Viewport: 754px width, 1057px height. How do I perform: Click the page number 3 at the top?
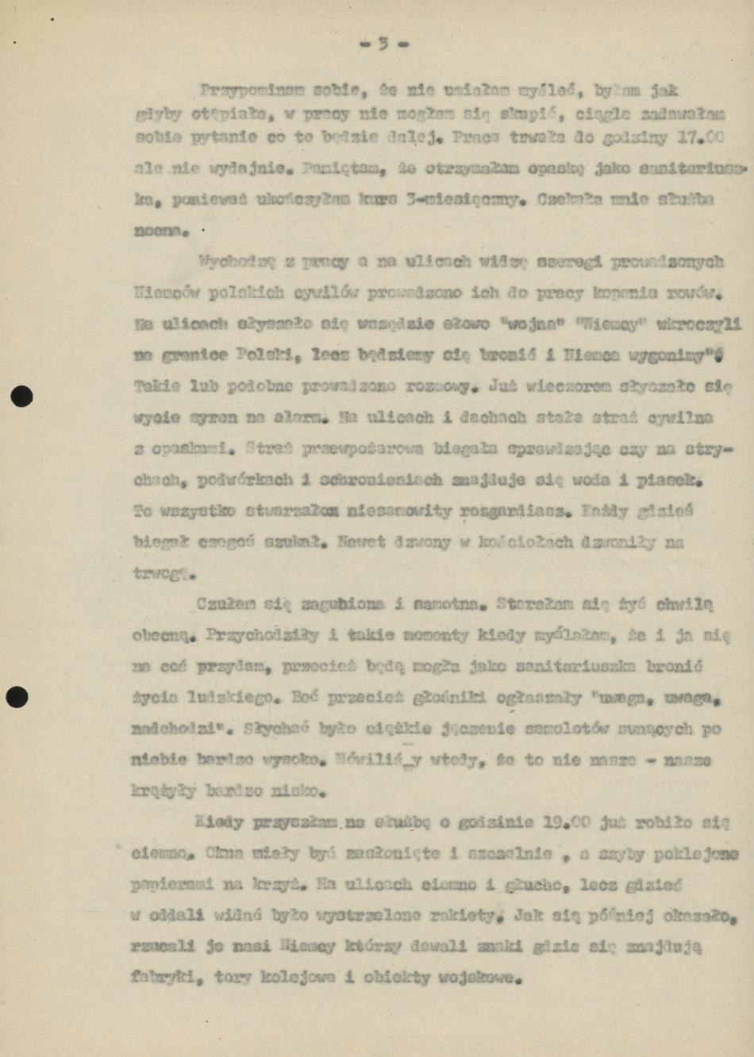point(383,44)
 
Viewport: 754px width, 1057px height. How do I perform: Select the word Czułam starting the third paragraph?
point(226,604)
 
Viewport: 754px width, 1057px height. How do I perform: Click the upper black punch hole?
point(22,396)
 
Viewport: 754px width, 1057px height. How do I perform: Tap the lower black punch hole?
point(17,697)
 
